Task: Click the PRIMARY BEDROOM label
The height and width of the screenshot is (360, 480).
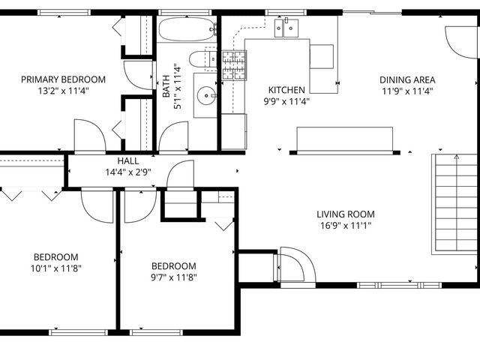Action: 63,79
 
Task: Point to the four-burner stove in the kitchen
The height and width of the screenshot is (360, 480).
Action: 233,64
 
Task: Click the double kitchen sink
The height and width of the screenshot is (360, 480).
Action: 286,29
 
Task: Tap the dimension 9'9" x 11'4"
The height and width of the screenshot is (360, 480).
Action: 287,101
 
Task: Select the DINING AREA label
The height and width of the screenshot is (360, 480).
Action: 407,79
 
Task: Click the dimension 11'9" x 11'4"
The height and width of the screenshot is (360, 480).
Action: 407,91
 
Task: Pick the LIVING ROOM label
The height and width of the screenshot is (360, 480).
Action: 345,214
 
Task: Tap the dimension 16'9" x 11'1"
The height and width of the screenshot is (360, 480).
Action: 345,225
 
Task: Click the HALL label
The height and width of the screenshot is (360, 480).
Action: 127,161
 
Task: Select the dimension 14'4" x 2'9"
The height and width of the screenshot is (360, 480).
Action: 127,172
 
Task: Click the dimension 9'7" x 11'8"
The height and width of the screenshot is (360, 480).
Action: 174,277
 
